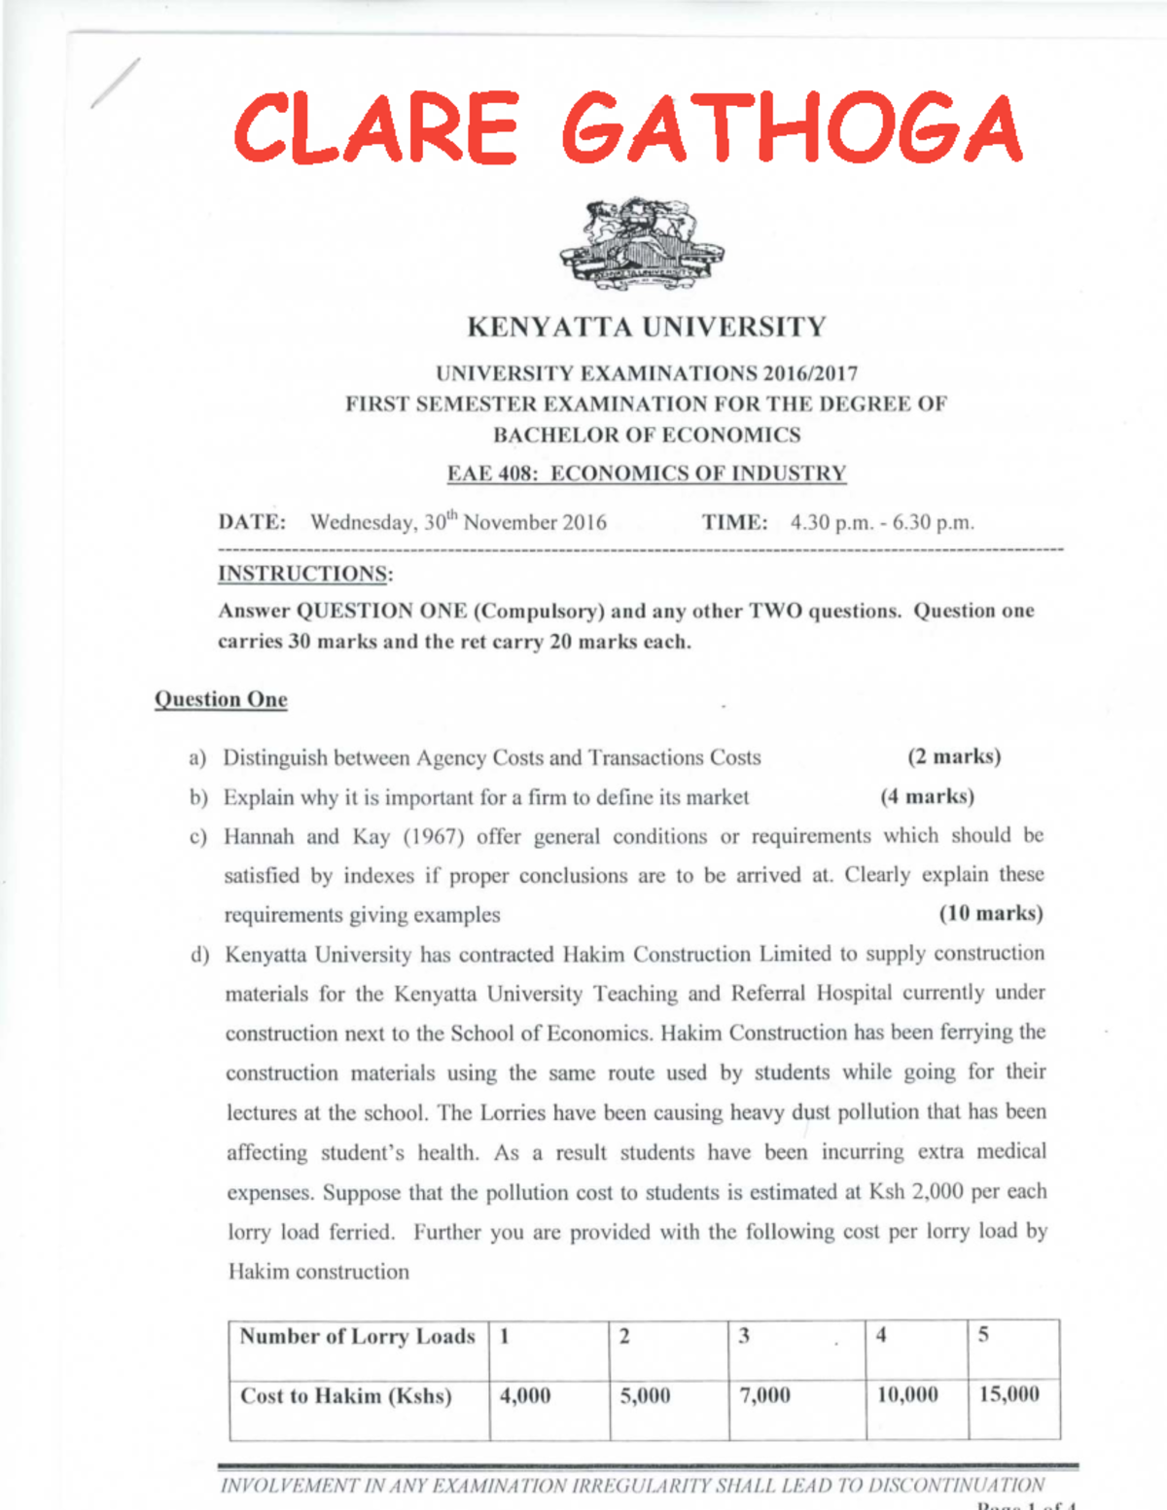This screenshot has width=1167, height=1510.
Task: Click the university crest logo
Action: coord(642,243)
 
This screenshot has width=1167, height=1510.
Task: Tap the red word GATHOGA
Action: coord(792,127)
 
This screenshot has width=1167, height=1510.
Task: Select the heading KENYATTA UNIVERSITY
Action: coord(646,327)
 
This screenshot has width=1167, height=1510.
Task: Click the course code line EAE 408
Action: coord(646,474)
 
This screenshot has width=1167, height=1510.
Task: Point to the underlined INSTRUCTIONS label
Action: coord(304,574)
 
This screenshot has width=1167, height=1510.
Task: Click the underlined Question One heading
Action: coord(221,699)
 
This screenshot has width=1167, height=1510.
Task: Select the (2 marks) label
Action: coord(953,756)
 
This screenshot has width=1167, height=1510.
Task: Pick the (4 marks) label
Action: coord(926,796)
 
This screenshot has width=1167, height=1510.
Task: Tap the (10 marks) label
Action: coord(990,913)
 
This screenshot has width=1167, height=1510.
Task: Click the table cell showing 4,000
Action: coord(525,1395)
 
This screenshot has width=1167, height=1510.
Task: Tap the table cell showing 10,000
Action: coord(907,1394)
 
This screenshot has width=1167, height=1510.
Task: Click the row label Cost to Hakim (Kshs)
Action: coord(346,1396)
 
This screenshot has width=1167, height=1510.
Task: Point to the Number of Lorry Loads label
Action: coord(357,1336)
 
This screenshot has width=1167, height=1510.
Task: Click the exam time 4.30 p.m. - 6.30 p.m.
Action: coord(881,522)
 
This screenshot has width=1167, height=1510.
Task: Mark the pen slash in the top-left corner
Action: coord(116,83)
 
